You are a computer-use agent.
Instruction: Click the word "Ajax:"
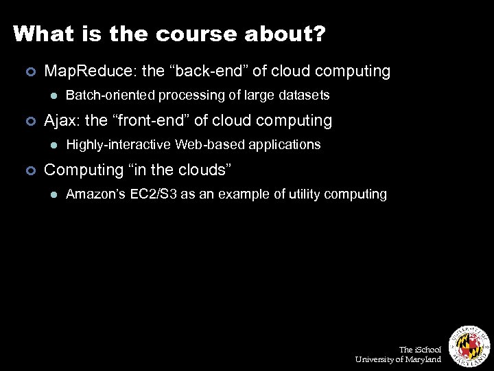62,120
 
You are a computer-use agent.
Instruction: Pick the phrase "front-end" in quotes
157,120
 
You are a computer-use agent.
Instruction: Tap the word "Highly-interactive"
119,144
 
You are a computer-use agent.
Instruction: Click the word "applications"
285,144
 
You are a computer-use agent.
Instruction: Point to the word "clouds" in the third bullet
206,170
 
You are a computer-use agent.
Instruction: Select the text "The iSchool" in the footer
420,350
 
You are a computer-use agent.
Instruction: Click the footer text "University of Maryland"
398,359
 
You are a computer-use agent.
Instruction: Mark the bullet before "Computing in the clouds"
30,170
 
